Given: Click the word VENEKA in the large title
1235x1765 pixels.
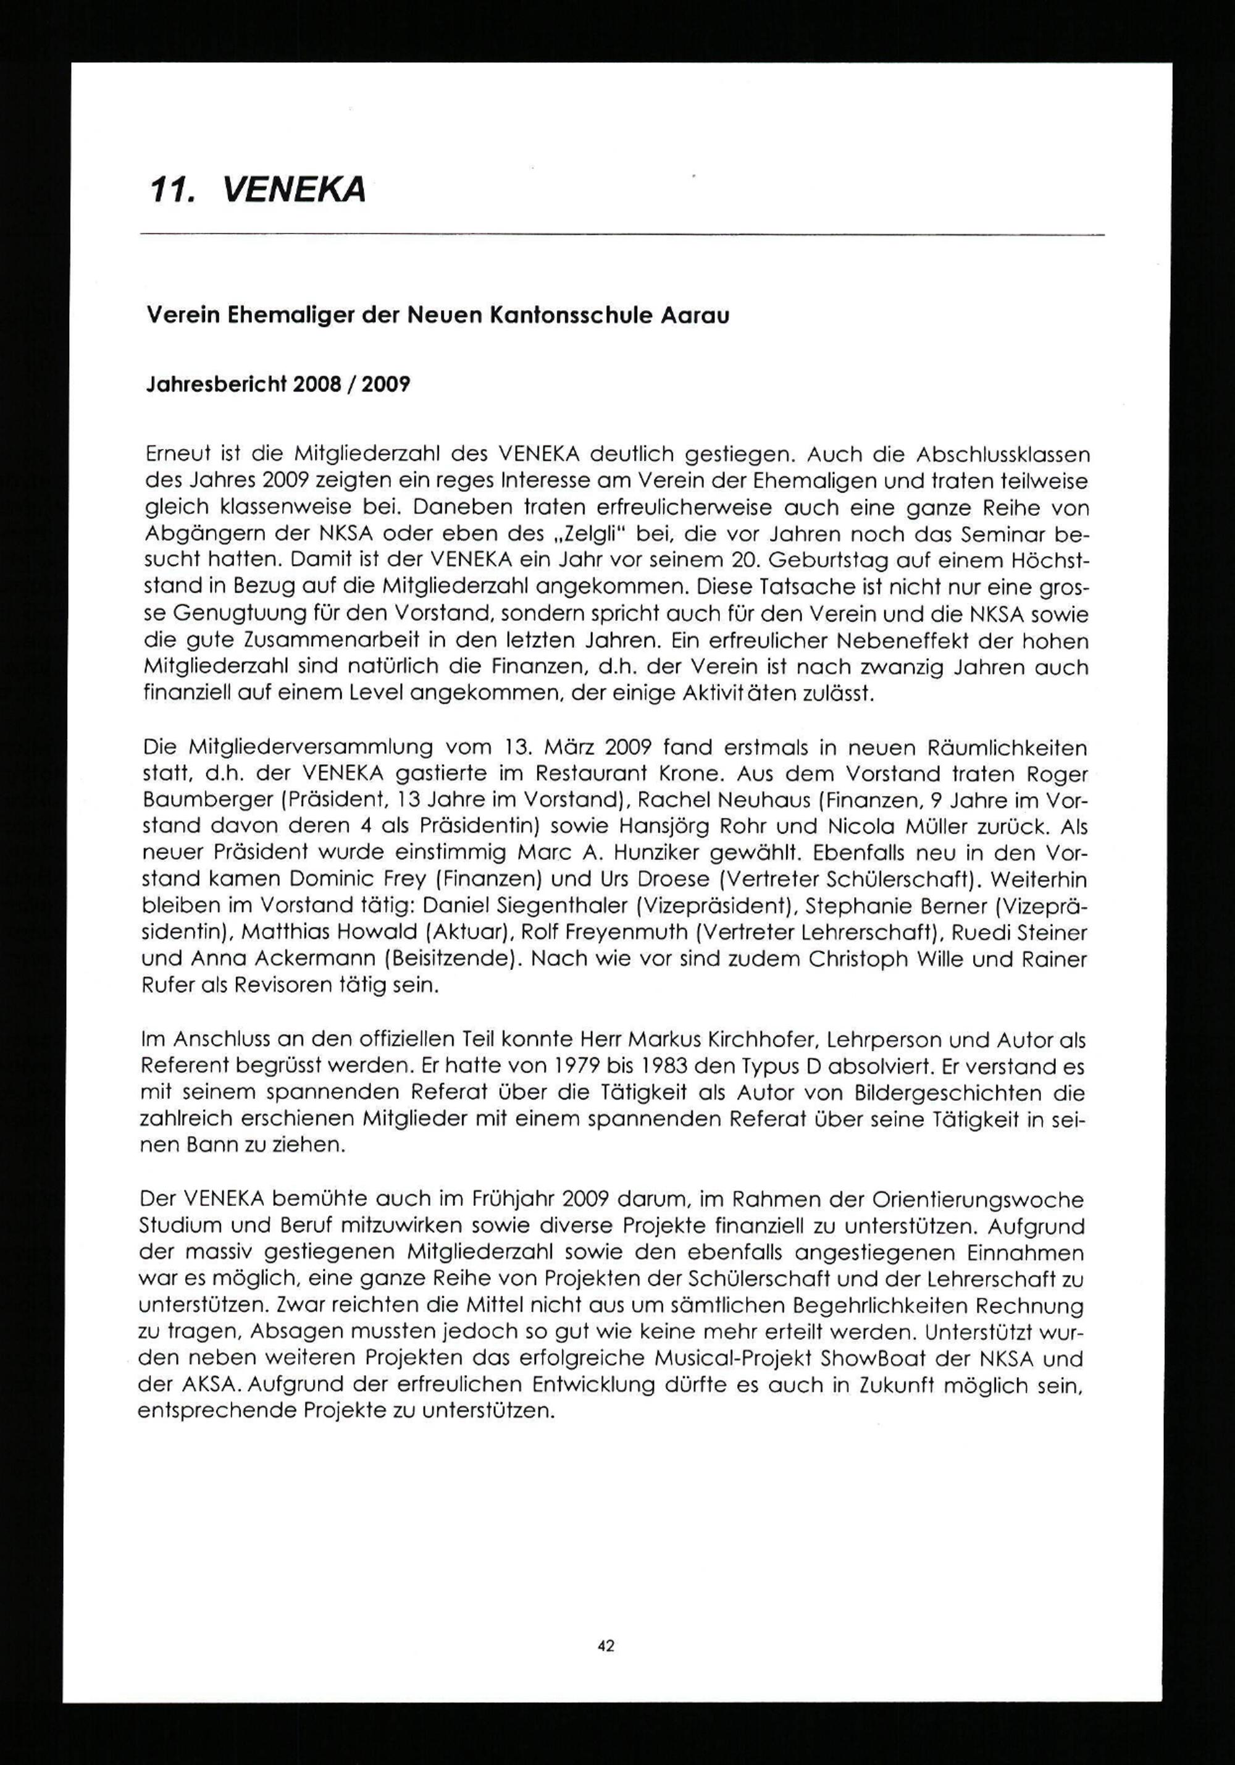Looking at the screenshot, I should point(292,189).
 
